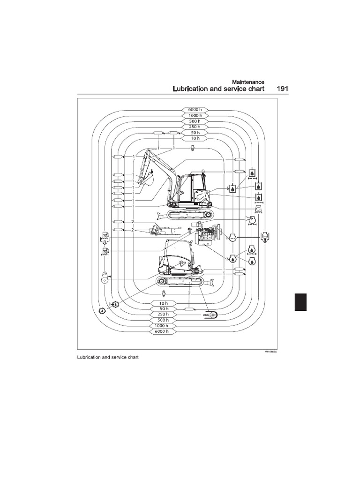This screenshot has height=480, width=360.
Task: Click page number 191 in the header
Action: pyautogui.click(x=282, y=88)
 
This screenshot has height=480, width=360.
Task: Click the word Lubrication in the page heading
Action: pyautogui.click(x=192, y=88)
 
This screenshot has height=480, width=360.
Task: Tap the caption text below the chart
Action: pyautogui.click(x=108, y=357)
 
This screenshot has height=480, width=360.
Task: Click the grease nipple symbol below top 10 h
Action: pyautogui.click(x=193, y=149)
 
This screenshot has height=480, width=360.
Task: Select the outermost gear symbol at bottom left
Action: pyautogui.click(x=102, y=310)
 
